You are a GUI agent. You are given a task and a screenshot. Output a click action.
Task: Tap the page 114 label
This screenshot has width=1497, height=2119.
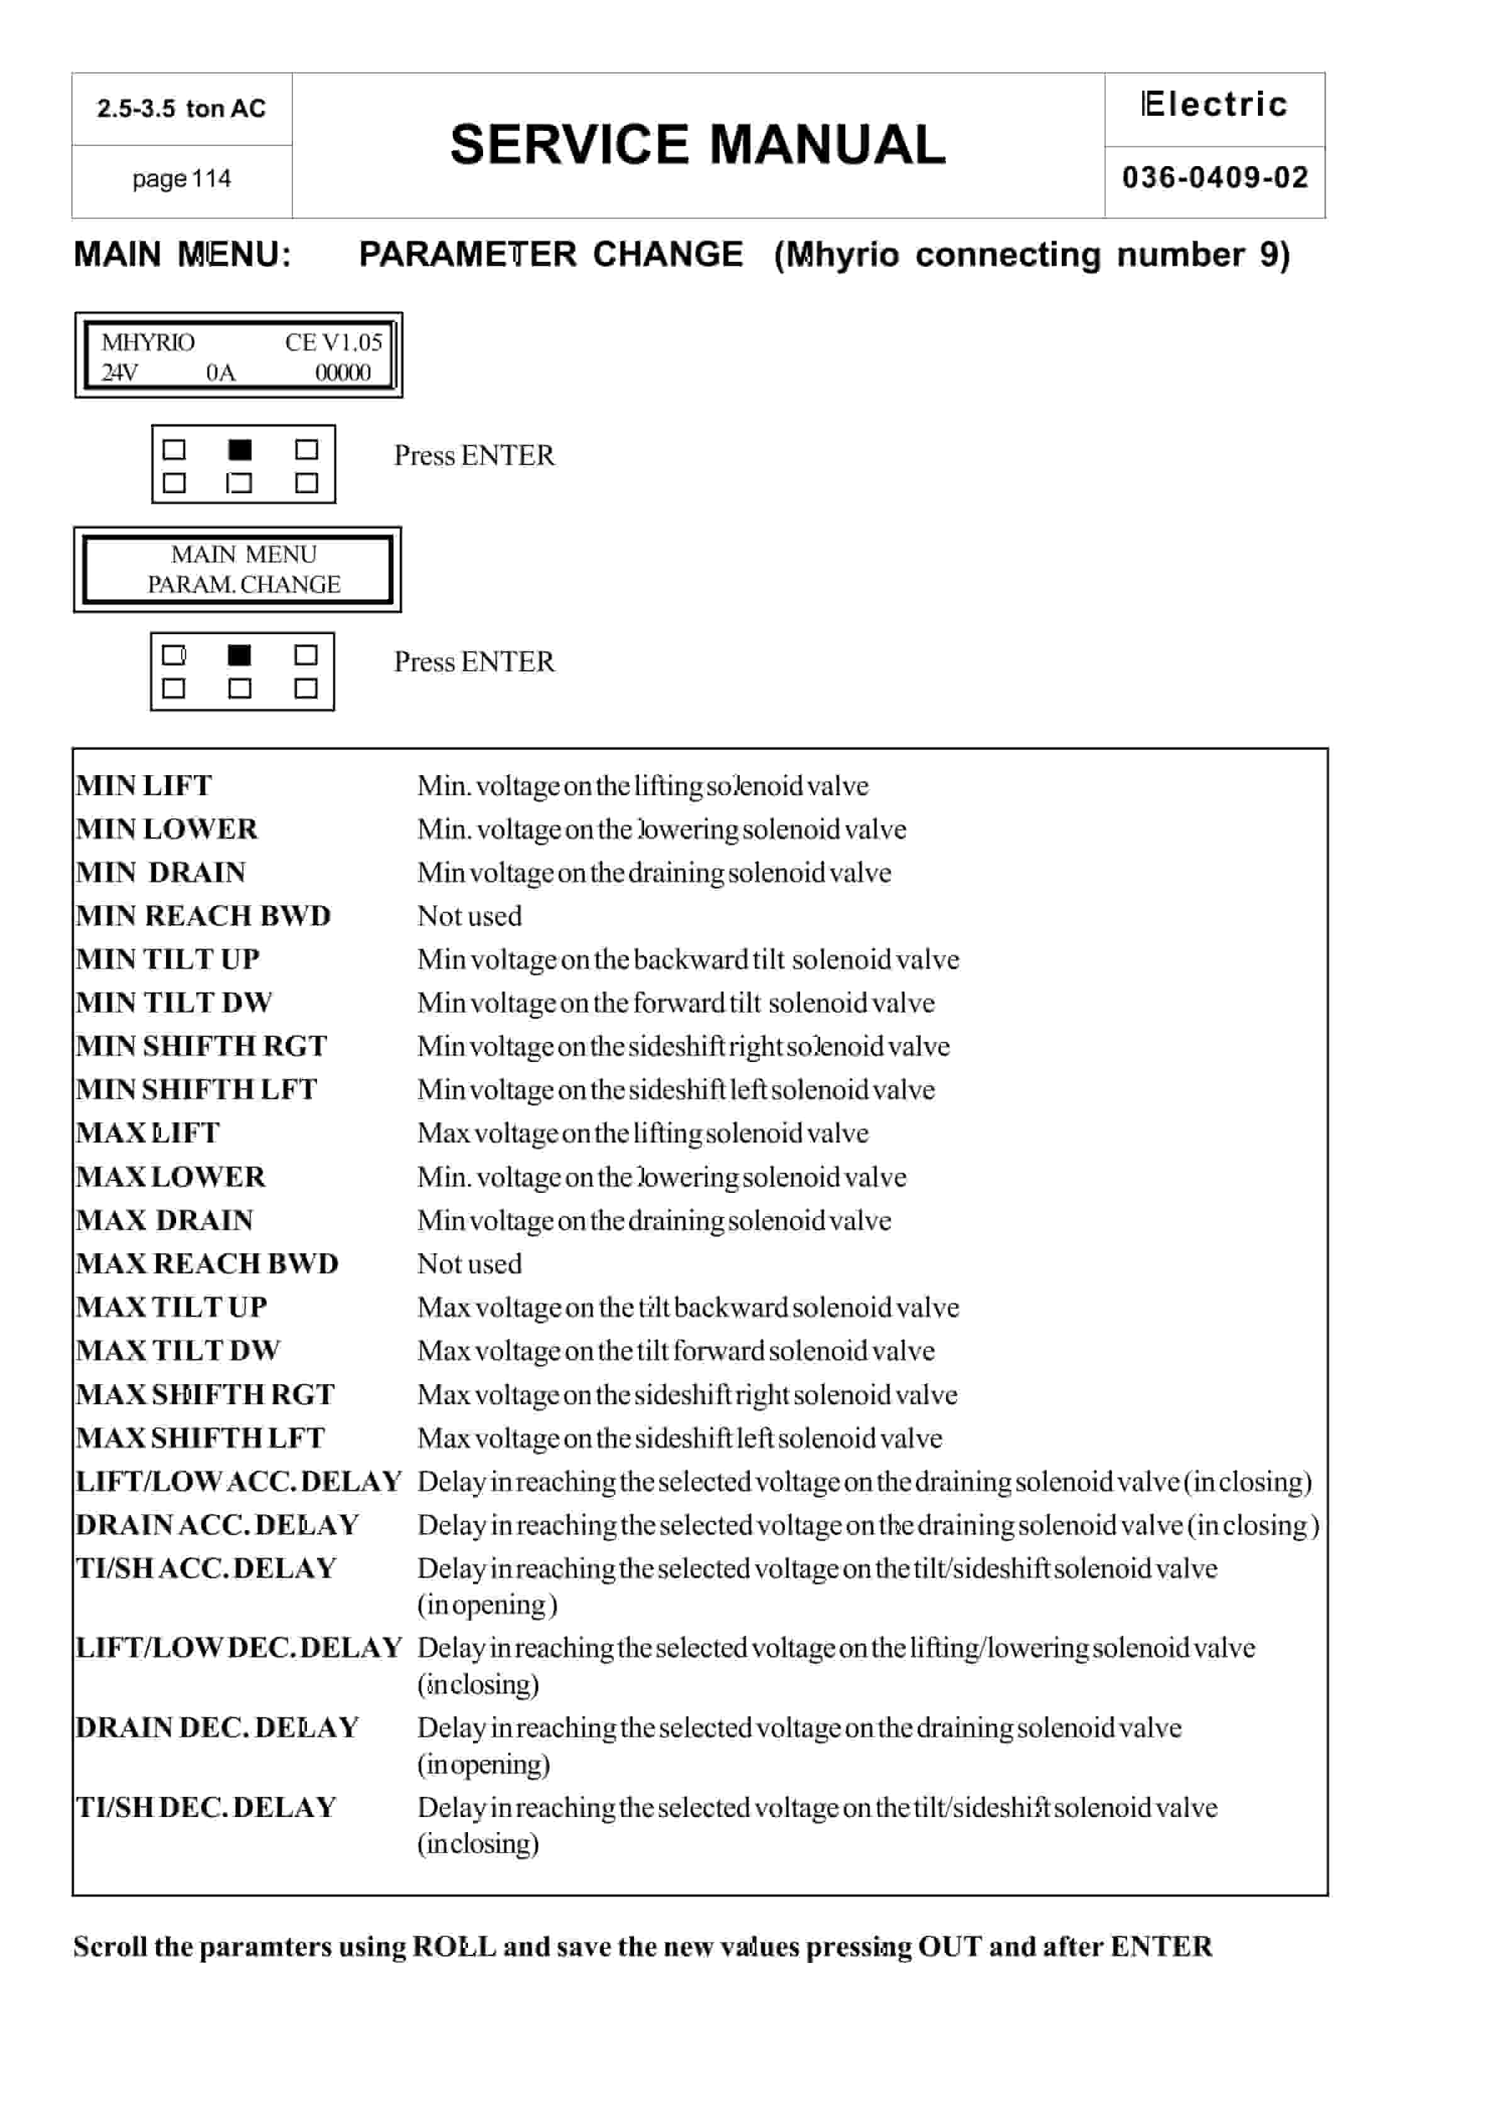click(x=181, y=179)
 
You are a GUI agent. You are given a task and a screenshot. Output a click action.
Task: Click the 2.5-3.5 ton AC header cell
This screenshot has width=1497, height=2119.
click(x=181, y=109)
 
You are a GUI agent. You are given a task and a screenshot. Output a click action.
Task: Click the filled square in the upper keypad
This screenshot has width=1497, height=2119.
click(x=240, y=449)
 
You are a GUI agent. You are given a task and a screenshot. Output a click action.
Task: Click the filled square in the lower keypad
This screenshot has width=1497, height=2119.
click(x=239, y=655)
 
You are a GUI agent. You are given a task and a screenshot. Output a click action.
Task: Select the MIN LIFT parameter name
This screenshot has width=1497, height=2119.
click(x=144, y=785)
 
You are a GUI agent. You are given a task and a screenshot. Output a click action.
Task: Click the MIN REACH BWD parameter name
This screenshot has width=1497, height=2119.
click(x=203, y=915)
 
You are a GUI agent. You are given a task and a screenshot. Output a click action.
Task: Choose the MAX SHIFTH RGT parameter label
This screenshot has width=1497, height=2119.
click(x=205, y=1394)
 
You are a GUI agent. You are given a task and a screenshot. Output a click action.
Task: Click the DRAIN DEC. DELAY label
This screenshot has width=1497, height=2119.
click(x=217, y=1728)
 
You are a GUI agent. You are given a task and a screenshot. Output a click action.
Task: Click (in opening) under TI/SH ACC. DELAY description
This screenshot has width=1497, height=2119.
click(x=486, y=1605)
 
